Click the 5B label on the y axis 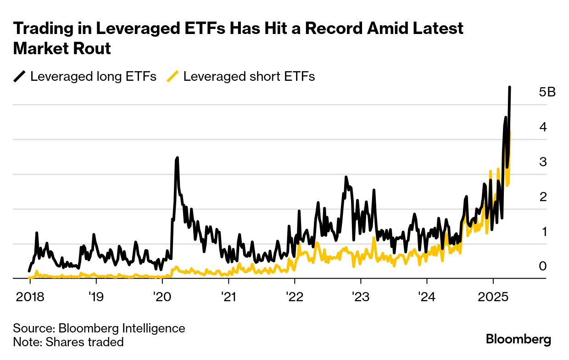point(547,92)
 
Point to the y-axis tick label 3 point(543,162)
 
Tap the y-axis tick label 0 point(543,266)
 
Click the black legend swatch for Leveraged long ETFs point(20,76)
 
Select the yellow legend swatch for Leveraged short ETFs point(173,76)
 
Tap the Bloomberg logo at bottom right point(519,340)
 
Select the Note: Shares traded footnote point(68,342)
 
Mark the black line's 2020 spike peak point(177,157)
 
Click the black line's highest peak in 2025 point(510,87)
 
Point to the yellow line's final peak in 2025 point(510,132)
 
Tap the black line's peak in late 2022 point(346,177)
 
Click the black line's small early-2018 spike point(37,233)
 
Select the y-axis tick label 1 point(543,231)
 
